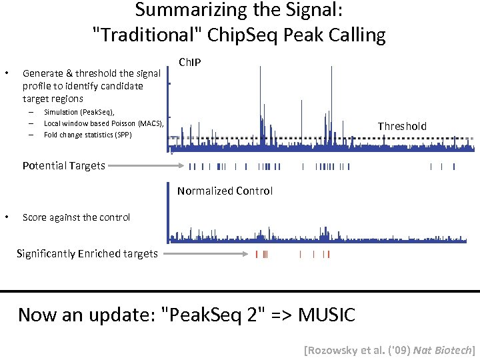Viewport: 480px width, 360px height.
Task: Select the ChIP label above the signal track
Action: (x=191, y=63)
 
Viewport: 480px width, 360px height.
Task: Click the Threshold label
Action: (x=402, y=126)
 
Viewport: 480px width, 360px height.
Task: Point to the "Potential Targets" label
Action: (x=63, y=166)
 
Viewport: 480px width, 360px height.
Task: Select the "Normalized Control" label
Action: (x=225, y=191)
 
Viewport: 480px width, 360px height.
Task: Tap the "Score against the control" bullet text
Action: (x=76, y=217)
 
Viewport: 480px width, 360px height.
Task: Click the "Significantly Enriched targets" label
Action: (x=87, y=253)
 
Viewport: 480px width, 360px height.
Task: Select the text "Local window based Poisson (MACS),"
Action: (x=103, y=123)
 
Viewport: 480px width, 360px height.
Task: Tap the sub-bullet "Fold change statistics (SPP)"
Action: (x=87, y=135)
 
